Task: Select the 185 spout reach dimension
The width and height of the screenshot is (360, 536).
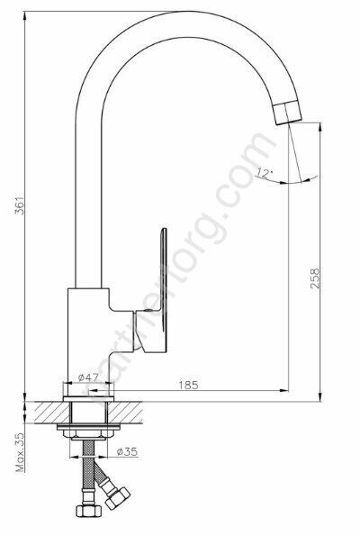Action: click(188, 386)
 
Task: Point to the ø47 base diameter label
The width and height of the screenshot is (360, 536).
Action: click(87, 377)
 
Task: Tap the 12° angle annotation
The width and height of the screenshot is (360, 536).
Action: click(264, 171)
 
